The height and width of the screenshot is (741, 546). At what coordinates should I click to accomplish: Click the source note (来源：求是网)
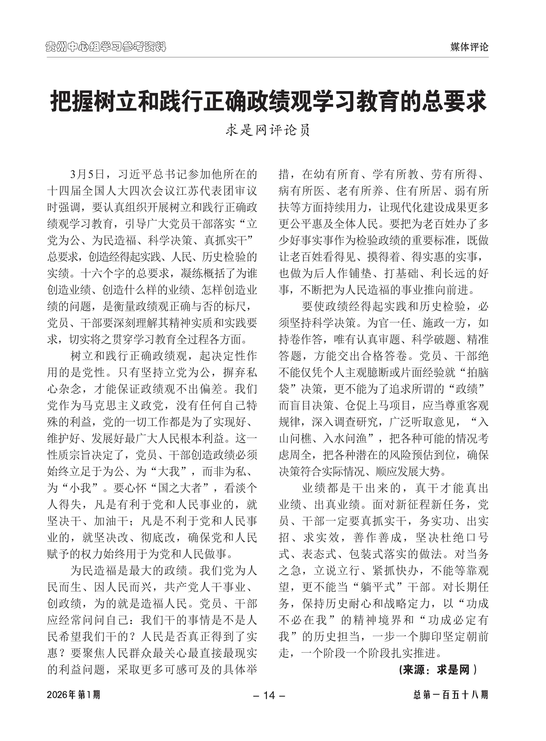(438, 670)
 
